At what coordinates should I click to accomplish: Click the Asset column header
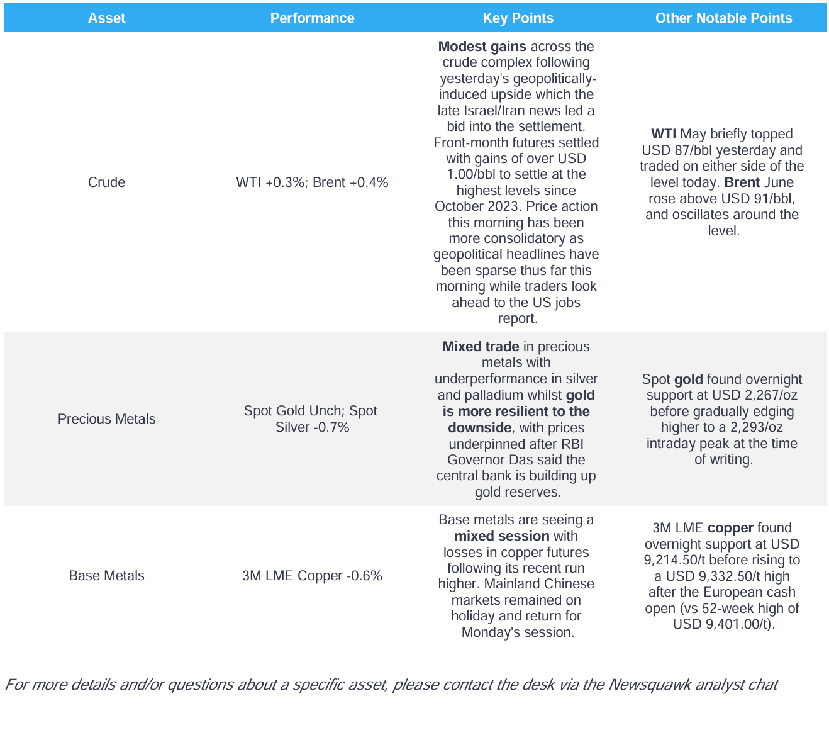pos(106,18)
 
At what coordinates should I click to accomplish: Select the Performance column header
pos(312,18)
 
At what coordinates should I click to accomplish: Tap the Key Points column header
pos(518,18)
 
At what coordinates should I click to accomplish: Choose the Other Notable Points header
pos(723,18)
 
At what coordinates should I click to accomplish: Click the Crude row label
pos(106,182)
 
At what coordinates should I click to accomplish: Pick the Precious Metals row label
pos(106,419)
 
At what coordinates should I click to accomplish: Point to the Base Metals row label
pos(106,576)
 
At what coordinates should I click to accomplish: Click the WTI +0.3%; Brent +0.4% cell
pos(312,182)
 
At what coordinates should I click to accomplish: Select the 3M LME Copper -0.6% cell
pos(312,576)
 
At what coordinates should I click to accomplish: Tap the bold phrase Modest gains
pos(482,47)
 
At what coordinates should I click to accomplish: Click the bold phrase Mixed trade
pos(481,347)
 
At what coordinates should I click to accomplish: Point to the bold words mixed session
pos(502,536)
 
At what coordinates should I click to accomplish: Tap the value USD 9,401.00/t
pos(722,624)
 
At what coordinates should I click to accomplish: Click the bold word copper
pos(730,528)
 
